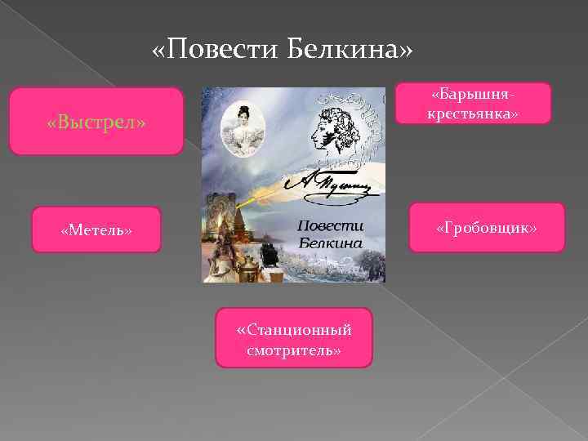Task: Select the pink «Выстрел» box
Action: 96,122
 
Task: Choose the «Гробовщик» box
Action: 487,228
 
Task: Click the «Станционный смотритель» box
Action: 293,337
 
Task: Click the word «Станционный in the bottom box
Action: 293,330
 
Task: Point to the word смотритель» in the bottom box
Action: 293,350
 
